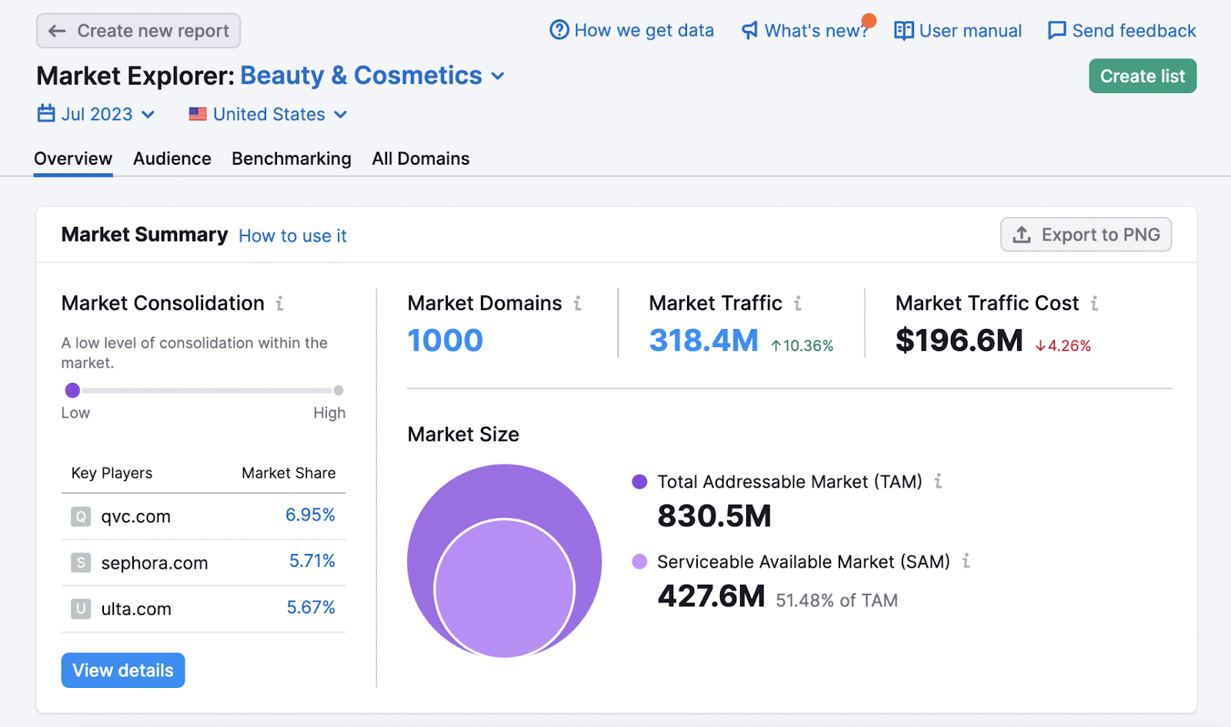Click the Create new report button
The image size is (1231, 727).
click(138, 31)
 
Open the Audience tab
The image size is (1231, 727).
click(172, 158)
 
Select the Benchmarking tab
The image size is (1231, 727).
click(292, 158)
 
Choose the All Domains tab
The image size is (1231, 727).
click(421, 158)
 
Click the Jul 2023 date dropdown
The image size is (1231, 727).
click(97, 115)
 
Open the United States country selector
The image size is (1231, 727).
click(269, 115)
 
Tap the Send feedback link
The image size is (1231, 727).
click(1123, 31)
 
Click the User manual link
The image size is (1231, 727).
click(959, 31)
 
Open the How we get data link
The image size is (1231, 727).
click(632, 31)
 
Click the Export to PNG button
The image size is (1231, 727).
click(1086, 235)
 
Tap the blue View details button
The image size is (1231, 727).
click(123, 670)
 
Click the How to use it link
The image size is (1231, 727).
click(292, 236)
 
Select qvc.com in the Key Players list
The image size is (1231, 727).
click(135, 517)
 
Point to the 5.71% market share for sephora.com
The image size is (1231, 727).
click(312, 562)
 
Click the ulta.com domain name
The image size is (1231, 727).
click(136, 609)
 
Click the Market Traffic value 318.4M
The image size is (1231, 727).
click(703, 341)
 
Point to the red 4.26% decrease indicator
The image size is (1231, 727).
click(1063, 346)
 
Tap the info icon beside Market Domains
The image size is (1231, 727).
click(578, 304)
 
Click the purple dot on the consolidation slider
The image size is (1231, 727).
click(72, 391)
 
